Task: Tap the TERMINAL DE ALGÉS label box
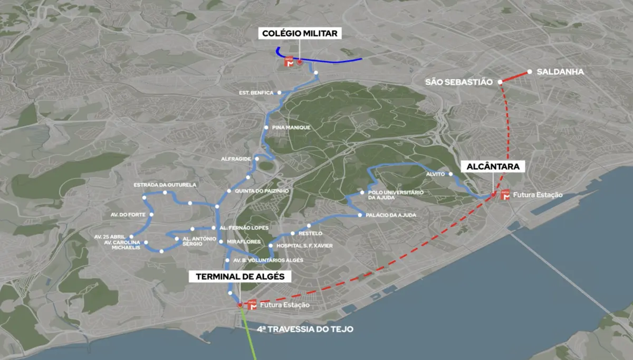pyautogui.click(x=240, y=277)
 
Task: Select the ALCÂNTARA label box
pyautogui.click(x=493, y=167)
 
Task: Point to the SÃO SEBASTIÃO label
pyautogui.click(x=458, y=82)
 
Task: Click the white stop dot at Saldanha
pyautogui.click(x=529, y=72)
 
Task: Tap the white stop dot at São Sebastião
pyautogui.click(x=499, y=82)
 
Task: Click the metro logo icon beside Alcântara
pyautogui.click(x=505, y=194)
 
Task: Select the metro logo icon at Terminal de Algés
pyautogui.click(x=252, y=305)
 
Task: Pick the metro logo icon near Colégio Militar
pyautogui.click(x=289, y=62)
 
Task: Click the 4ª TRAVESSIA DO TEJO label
pyautogui.click(x=305, y=329)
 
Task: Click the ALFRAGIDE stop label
pyautogui.click(x=236, y=159)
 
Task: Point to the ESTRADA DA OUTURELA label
pyautogui.click(x=165, y=185)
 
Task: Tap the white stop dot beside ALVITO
pyautogui.click(x=451, y=173)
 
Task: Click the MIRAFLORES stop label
pyautogui.click(x=244, y=242)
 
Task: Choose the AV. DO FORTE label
pyautogui.click(x=128, y=215)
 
